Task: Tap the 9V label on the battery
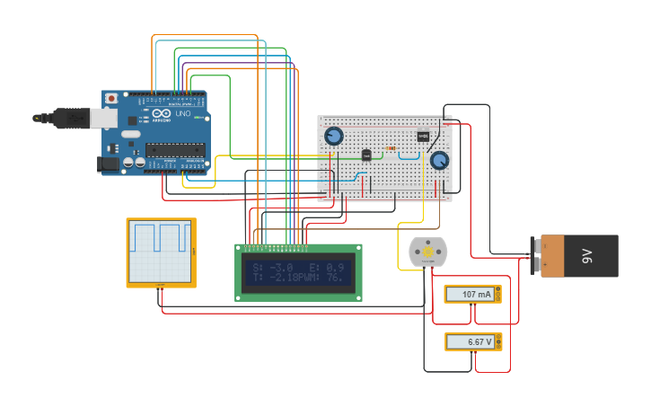click(587, 256)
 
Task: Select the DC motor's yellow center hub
click(427, 252)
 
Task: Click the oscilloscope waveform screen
click(161, 251)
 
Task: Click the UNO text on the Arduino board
click(182, 113)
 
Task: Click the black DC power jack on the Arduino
click(109, 164)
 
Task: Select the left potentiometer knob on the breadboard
click(334, 137)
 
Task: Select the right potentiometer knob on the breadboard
click(439, 161)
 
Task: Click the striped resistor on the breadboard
click(391, 148)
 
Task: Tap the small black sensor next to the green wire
click(366, 155)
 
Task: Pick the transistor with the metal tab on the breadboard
click(423, 137)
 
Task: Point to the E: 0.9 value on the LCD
click(329, 268)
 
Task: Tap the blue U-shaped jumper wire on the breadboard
click(409, 156)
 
